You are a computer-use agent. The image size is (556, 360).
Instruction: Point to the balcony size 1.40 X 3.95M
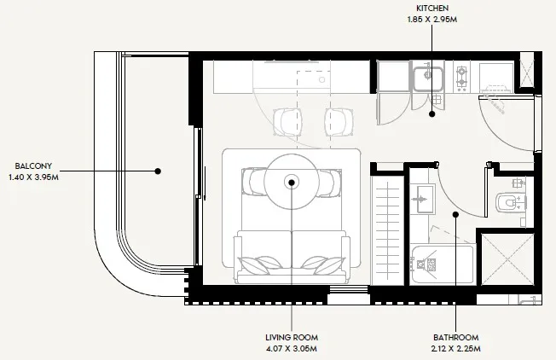[32, 177]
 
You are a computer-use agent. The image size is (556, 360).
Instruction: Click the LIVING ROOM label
[291, 337]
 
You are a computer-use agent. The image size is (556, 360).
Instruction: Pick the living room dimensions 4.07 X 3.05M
[291, 349]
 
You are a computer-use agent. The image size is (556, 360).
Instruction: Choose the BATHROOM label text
[455, 337]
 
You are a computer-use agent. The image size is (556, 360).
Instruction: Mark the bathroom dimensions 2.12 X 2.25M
[455, 349]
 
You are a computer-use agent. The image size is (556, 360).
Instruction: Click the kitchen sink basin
[425, 78]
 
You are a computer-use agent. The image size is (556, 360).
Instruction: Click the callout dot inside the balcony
[158, 171]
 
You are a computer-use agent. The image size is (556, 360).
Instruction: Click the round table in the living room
[291, 181]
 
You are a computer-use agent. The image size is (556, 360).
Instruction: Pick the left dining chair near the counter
[283, 120]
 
